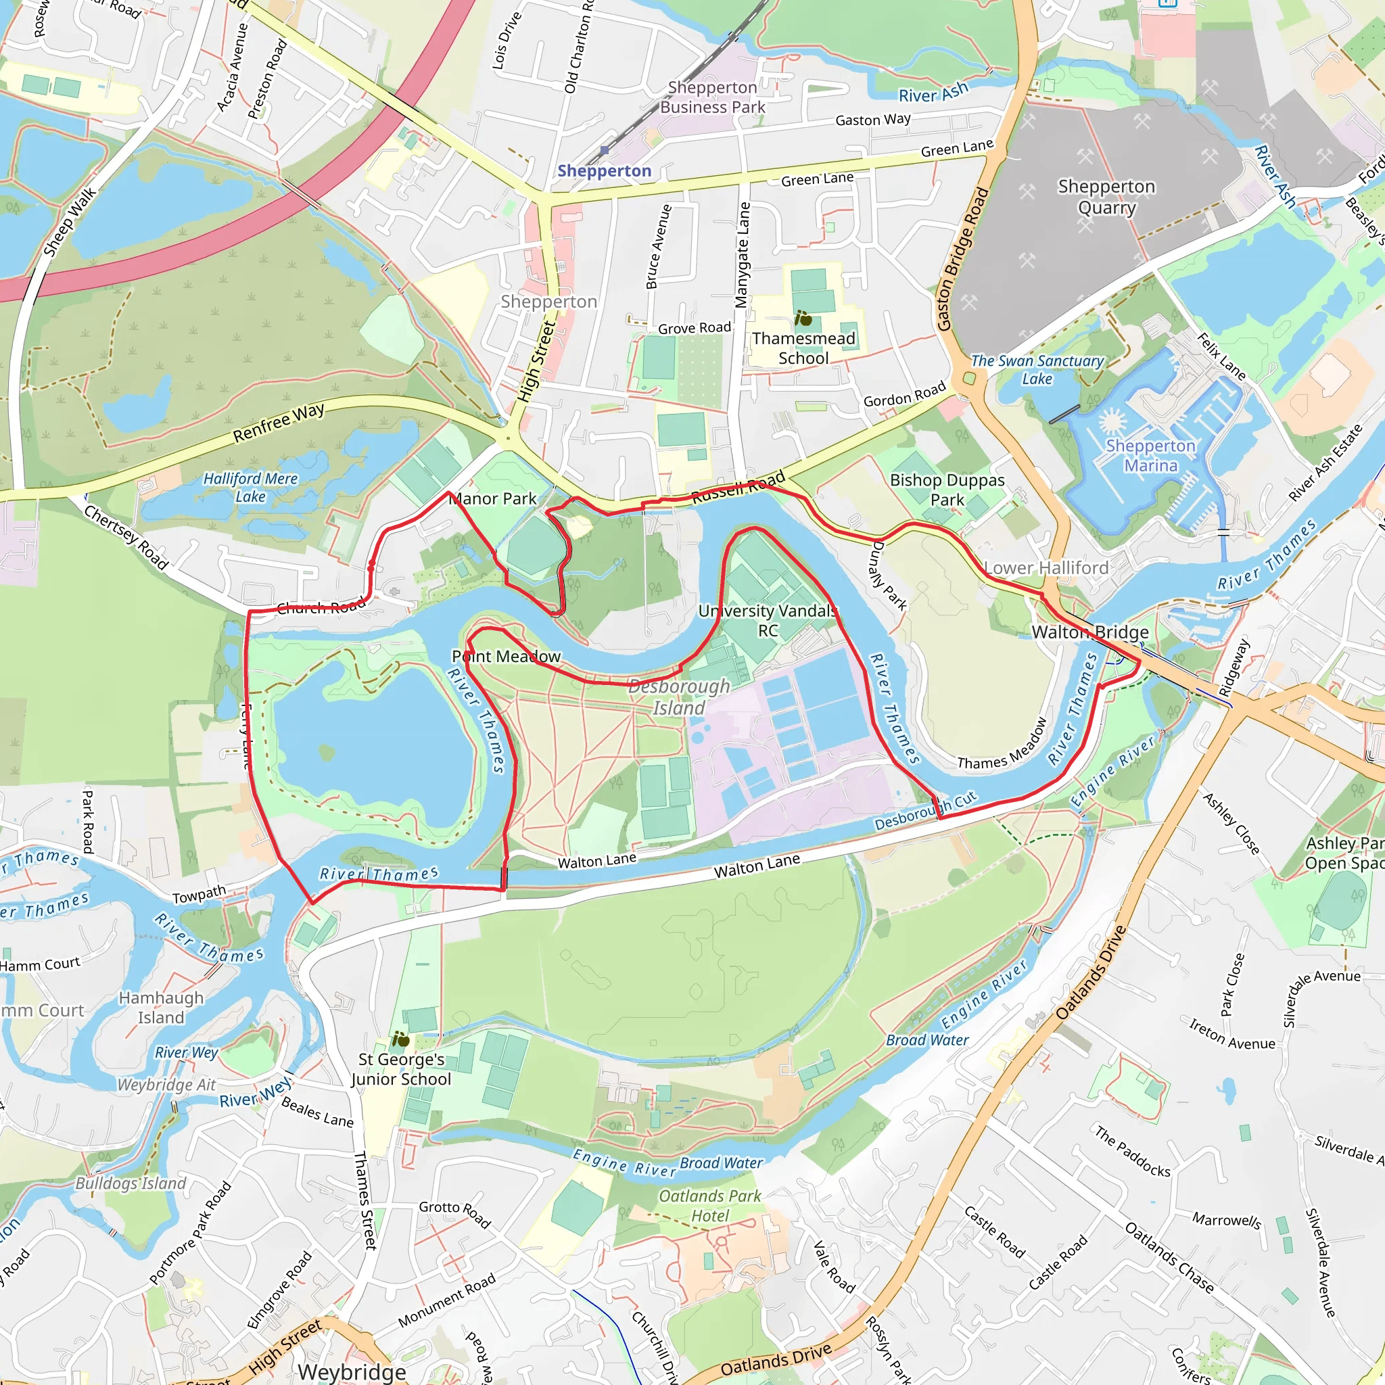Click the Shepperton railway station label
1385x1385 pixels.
pyautogui.click(x=605, y=170)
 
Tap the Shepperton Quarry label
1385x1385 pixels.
pyautogui.click(x=1106, y=197)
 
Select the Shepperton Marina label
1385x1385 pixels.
pyautogui.click(x=1150, y=455)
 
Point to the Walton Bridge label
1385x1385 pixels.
pyautogui.click(x=1089, y=632)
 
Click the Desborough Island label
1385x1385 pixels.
pyautogui.click(x=679, y=697)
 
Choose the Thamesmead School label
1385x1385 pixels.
pyautogui.click(x=803, y=348)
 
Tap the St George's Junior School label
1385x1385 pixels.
pyautogui.click(x=402, y=1069)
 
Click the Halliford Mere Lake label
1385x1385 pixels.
pyautogui.click(x=250, y=487)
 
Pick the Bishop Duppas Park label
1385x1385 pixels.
pyautogui.click(x=947, y=490)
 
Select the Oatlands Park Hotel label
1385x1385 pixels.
pyautogui.click(x=709, y=1206)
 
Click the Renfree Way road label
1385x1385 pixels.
pyautogui.click(x=278, y=423)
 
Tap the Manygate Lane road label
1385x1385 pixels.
pyautogui.click(x=743, y=254)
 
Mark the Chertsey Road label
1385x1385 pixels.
pyautogui.click(x=126, y=538)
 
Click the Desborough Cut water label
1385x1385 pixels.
pyautogui.click(x=924, y=811)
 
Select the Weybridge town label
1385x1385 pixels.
pyautogui.click(x=351, y=1371)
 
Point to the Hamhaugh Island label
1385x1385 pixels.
pyautogui.click(x=162, y=1007)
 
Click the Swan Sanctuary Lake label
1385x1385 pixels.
pyautogui.click(x=1037, y=369)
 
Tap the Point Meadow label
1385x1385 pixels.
pyautogui.click(x=506, y=656)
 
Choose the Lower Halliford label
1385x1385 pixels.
pyautogui.click(x=1046, y=568)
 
